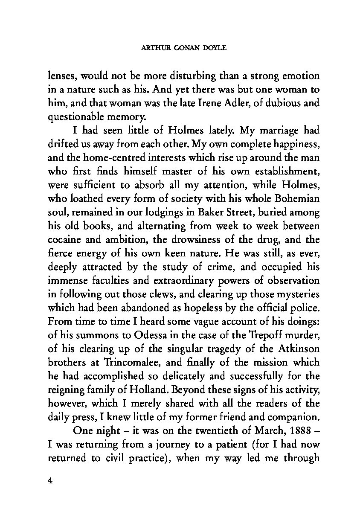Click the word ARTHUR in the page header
[152, 48]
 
